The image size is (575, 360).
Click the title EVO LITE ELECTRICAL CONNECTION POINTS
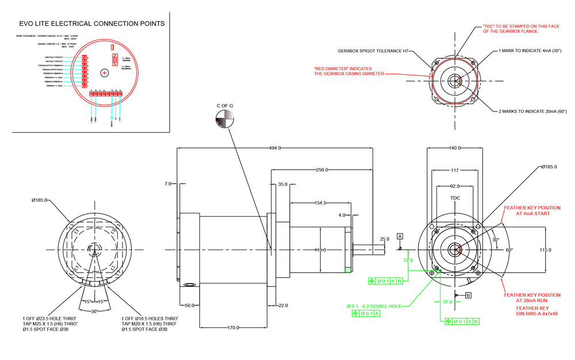[92, 24]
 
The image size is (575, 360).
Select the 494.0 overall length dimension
[275, 148]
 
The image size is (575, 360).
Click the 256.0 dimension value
[321, 170]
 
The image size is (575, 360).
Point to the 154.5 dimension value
[320, 203]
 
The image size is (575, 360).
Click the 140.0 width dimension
[455, 148]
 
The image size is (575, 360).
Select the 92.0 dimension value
[455, 186]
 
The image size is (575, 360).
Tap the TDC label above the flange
[455, 198]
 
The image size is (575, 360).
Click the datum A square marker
[400, 236]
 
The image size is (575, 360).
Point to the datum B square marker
[467, 296]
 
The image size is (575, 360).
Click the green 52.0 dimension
[408, 260]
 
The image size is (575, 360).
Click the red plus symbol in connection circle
[105, 73]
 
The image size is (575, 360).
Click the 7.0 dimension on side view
[167, 183]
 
